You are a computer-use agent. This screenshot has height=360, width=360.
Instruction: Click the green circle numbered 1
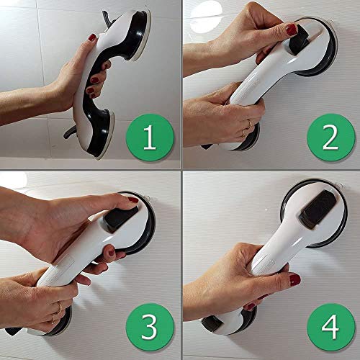148,139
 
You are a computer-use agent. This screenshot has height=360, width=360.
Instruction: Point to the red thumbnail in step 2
291,30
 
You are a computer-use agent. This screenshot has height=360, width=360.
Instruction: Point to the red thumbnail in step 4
295,279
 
